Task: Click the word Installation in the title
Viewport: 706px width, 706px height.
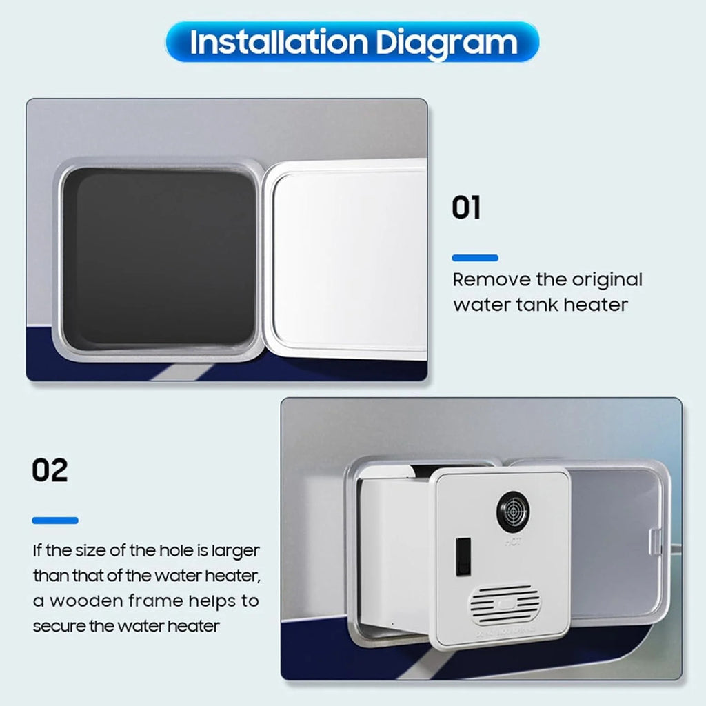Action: tap(279, 42)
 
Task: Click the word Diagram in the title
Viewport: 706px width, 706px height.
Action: tap(447, 43)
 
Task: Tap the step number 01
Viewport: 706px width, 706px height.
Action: tap(466, 208)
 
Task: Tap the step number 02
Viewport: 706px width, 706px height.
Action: tap(50, 470)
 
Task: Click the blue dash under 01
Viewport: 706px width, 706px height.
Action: tap(475, 258)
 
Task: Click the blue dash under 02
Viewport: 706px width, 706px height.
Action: tap(55, 521)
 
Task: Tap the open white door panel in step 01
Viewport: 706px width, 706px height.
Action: tap(347, 259)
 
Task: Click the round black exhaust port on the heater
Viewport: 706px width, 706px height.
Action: tap(513, 511)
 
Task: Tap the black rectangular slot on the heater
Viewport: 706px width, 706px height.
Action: tap(463, 556)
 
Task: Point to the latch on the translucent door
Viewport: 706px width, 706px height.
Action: tap(656, 542)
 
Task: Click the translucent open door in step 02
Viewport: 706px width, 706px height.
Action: tap(617, 543)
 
